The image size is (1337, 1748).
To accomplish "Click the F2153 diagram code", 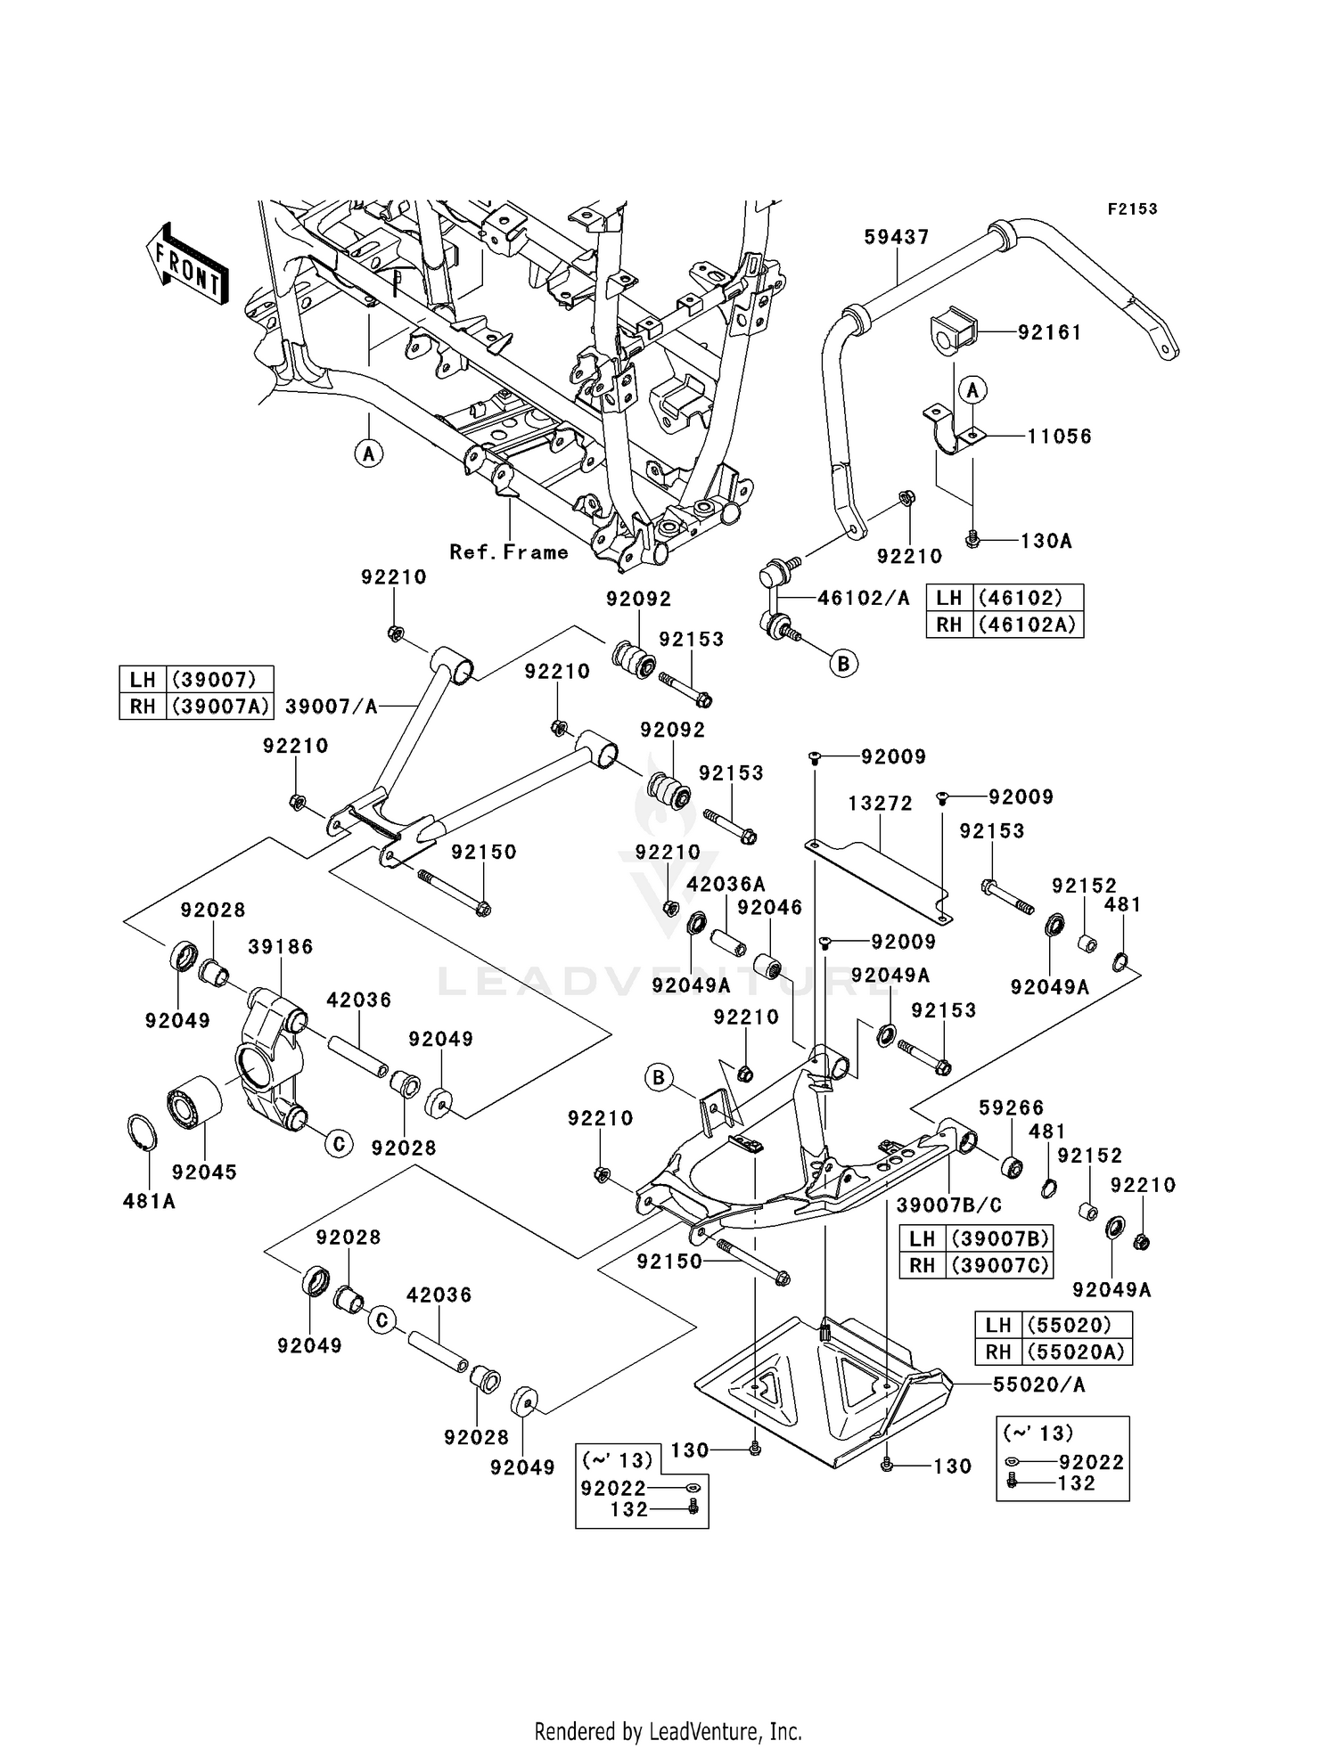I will (1132, 209).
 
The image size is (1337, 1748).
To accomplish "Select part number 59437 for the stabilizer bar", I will (897, 237).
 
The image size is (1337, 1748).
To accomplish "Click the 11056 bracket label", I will (1059, 437).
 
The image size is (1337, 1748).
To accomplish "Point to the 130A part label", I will (1046, 541).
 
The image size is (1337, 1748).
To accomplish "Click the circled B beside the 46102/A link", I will (843, 663).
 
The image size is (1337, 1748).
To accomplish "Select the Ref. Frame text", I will (509, 552).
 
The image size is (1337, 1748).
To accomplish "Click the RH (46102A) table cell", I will (1005, 625).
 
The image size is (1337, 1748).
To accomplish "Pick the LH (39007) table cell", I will (196, 680).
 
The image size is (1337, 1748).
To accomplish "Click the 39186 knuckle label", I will (281, 947).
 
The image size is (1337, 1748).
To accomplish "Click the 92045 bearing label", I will (204, 1172).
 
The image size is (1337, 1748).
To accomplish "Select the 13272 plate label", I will (880, 804).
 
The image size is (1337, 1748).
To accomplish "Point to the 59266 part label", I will (1011, 1108).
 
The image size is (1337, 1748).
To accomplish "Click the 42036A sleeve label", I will (726, 885).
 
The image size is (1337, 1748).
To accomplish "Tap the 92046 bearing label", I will (770, 908).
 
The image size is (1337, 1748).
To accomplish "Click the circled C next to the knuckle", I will (339, 1143).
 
